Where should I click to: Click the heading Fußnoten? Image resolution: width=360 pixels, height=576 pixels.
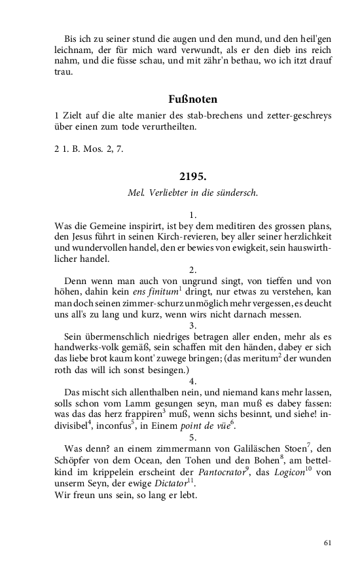pos(192,99)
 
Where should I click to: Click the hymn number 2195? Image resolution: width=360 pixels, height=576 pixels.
pos(192,177)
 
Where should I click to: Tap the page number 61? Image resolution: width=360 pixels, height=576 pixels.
pos(328,542)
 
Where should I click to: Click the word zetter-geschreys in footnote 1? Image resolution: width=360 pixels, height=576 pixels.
pos(297,116)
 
